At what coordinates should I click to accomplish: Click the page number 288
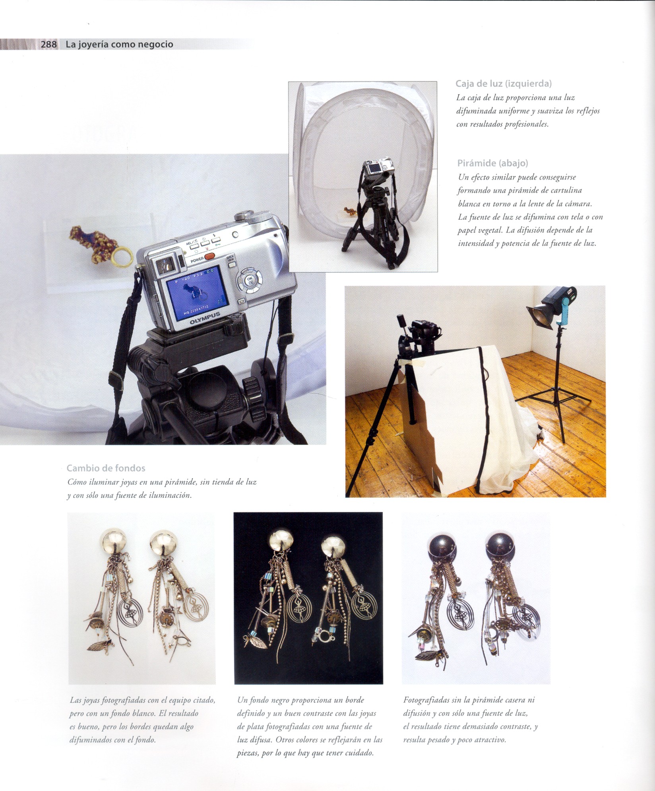coord(48,44)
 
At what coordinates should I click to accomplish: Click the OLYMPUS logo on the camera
coord(205,319)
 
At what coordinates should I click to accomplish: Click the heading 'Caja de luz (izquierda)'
coord(503,84)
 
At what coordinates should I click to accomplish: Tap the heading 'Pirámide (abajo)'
coord(493,163)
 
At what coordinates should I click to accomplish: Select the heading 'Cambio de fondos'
coord(106,468)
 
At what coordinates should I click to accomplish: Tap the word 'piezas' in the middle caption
coord(248,754)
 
